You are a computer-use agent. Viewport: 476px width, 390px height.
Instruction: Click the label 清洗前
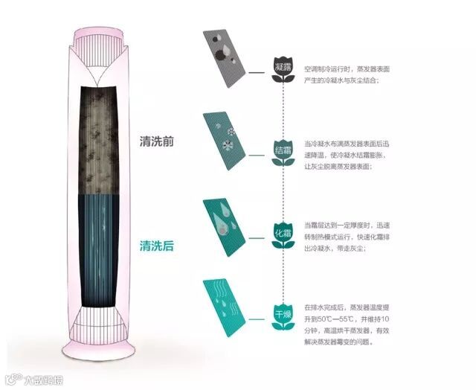[156, 141]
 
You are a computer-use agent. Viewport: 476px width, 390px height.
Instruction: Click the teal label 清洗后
[156, 245]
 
